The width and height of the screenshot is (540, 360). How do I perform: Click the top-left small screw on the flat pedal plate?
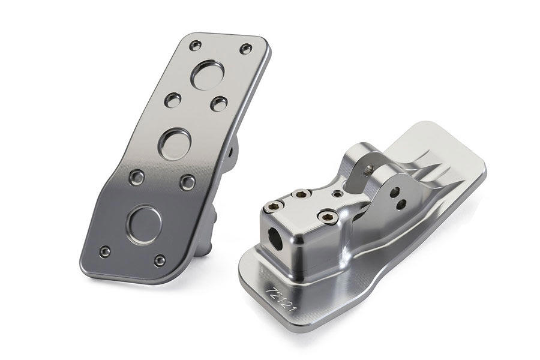pos(195,45)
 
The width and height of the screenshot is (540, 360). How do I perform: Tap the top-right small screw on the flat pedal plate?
pos(245,49)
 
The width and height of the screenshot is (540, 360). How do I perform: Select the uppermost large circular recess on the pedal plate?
pos(208,75)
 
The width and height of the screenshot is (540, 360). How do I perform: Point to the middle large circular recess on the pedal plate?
pos(175,143)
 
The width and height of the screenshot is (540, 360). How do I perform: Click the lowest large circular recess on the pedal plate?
pos(145,225)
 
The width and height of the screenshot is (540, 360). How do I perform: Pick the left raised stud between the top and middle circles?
pos(173,100)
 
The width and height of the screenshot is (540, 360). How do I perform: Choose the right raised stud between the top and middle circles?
pos(218,103)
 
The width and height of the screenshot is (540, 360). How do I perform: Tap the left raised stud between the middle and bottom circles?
pos(137,177)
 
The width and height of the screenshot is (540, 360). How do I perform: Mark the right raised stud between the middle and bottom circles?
pos(188,182)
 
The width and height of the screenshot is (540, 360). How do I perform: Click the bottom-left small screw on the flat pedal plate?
pos(104,252)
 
